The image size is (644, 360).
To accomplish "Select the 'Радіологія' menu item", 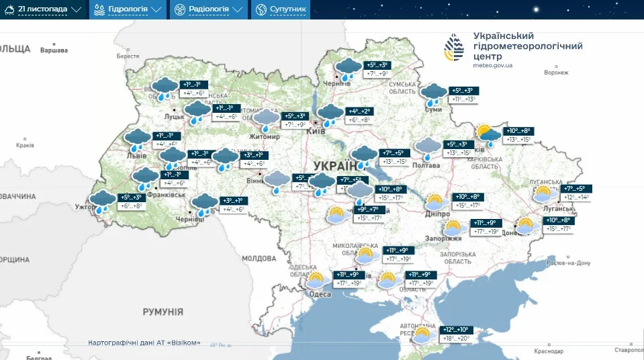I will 208,9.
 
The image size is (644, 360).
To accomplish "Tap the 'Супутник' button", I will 281,9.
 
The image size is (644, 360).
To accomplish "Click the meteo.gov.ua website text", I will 493,65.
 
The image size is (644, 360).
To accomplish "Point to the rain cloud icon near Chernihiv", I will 347,69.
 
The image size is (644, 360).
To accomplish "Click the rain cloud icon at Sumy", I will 434,94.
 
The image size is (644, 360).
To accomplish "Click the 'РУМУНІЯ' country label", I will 163,312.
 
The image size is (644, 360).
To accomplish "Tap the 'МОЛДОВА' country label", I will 259,258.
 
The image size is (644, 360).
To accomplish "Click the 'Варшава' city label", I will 54,50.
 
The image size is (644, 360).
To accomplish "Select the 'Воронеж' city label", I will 557,72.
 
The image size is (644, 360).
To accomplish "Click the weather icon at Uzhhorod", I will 103,201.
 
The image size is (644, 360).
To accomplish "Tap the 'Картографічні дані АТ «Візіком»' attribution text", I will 144,343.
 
